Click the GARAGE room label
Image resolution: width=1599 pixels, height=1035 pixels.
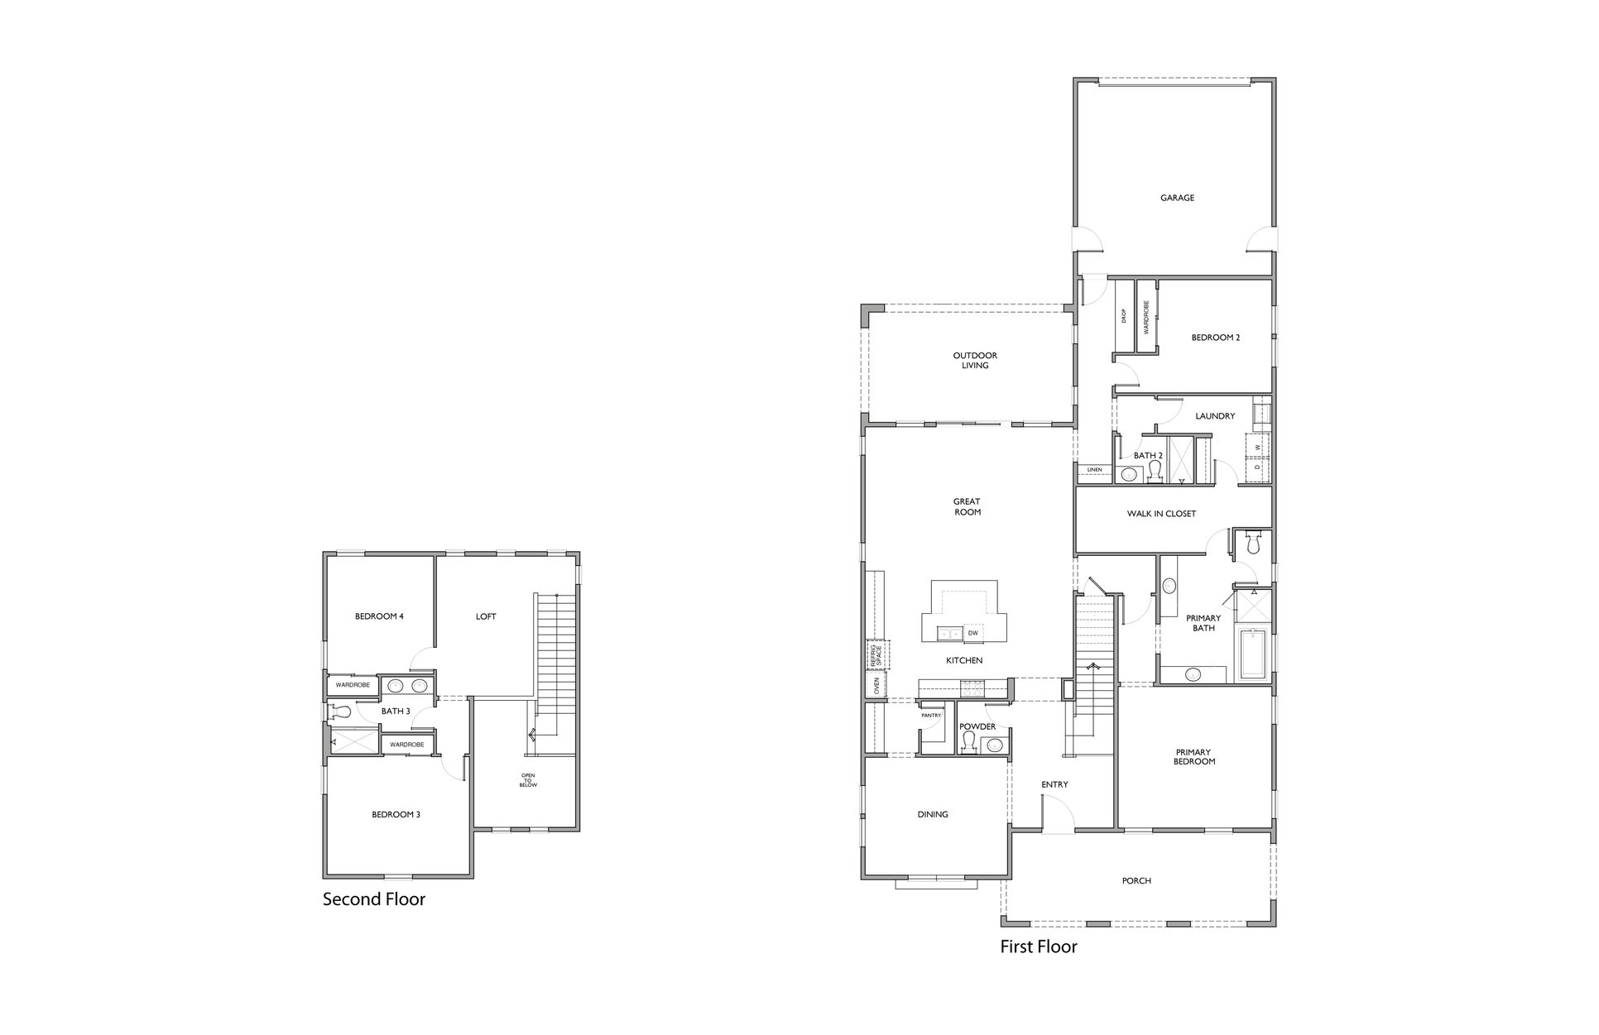point(1177,199)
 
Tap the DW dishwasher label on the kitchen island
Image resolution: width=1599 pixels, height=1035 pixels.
point(973,633)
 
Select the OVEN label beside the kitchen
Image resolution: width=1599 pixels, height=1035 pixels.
point(876,686)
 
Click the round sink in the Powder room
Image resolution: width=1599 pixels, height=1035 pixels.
point(996,745)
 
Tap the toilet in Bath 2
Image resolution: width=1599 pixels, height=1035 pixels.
point(1155,471)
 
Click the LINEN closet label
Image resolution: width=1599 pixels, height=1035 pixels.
point(1094,470)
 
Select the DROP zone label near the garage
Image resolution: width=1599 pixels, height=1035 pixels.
point(1124,317)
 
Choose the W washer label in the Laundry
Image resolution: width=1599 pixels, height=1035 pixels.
point(1257,448)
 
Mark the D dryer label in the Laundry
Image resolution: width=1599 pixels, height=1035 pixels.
point(1257,467)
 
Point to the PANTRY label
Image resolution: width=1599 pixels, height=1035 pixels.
point(932,715)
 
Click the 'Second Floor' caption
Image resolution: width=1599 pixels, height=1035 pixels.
point(374,899)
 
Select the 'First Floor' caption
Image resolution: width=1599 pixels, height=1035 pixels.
point(1039,946)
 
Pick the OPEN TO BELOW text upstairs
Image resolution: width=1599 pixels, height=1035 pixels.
point(528,780)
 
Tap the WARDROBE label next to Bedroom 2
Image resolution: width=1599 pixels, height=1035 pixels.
point(1146,317)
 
